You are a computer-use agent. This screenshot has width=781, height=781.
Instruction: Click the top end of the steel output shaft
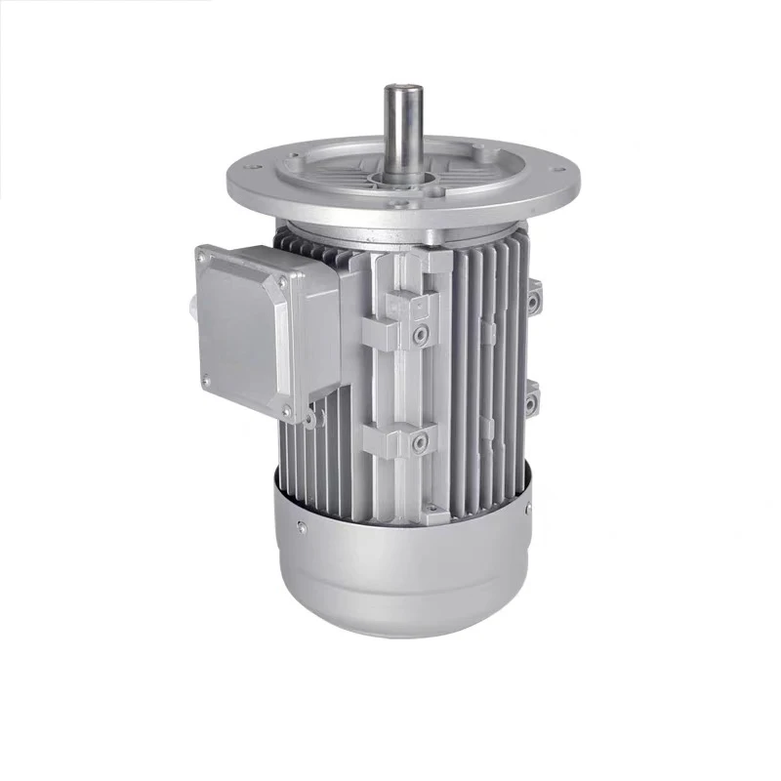point(402,90)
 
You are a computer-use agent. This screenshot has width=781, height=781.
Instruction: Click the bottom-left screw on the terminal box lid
point(206,380)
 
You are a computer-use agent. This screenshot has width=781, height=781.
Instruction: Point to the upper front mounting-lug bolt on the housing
point(420,336)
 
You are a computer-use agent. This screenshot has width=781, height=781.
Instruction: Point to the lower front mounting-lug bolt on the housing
point(420,444)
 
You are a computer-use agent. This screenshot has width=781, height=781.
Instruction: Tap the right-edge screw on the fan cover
point(528,509)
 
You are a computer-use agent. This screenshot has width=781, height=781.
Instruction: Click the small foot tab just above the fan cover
point(430,510)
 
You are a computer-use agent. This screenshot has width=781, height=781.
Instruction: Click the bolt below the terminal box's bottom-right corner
point(309,420)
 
